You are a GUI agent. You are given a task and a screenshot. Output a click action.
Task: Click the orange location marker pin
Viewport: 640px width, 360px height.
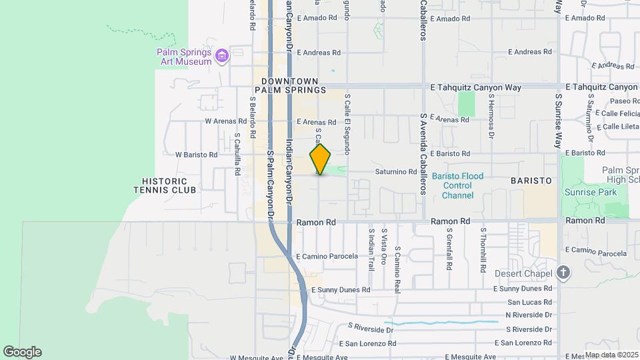click(321, 159)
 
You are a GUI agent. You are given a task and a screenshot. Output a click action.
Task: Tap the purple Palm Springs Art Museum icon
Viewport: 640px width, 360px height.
click(223, 55)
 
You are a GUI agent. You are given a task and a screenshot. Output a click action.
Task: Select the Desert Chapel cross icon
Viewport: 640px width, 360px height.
click(564, 273)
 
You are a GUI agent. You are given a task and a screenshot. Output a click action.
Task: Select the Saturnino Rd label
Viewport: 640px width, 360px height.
click(395, 172)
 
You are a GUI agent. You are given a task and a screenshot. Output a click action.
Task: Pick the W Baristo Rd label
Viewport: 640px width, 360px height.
click(196, 155)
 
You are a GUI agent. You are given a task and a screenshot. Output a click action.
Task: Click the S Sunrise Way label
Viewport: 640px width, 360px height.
click(559, 121)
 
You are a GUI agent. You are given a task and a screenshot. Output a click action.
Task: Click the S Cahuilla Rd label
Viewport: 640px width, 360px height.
click(237, 154)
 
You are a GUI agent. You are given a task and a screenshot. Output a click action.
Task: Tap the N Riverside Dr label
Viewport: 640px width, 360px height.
click(529, 315)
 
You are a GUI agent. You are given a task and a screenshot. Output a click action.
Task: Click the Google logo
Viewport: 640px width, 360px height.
click(22, 352)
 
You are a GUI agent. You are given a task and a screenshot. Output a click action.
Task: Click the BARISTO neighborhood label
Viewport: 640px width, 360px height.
click(531, 181)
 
